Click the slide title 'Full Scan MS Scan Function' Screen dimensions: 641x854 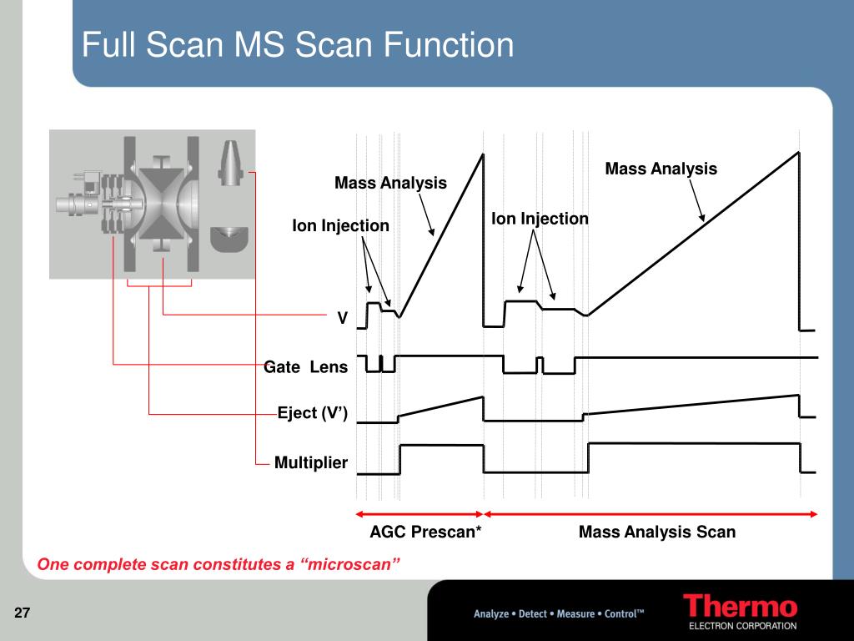pyautogui.click(x=298, y=44)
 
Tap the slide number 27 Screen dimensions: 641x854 pyautogui.click(x=23, y=614)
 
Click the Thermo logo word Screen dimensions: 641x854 pyautogui.click(x=740, y=607)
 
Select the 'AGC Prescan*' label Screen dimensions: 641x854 pyautogui.click(x=425, y=532)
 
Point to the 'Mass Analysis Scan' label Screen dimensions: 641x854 pyautogui.click(x=657, y=532)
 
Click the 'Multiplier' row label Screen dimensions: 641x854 pyautogui.click(x=311, y=462)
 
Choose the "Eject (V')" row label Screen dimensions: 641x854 pyautogui.click(x=313, y=413)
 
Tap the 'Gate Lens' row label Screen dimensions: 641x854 pyautogui.click(x=305, y=367)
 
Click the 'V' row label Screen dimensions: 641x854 pyautogui.click(x=342, y=318)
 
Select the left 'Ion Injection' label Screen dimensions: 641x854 pyautogui.click(x=340, y=225)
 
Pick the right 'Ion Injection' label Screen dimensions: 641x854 pyautogui.click(x=540, y=219)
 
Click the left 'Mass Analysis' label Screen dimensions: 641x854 pyautogui.click(x=390, y=183)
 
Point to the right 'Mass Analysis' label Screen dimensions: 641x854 pyautogui.click(x=661, y=169)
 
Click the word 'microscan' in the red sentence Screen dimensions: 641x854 pyautogui.click(x=350, y=565)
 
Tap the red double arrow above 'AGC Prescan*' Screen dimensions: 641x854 pyautogui.click(x=419, y=514)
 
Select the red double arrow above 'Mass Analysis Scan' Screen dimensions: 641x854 pyautogui.click(x=651, y=514)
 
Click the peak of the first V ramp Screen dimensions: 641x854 pyautogui.click(x=482, y=154)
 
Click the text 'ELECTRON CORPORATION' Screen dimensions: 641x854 pyautogui.click(x=741, y=626)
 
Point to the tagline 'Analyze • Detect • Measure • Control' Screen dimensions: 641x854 pyautogui.click(x=559, y=614)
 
